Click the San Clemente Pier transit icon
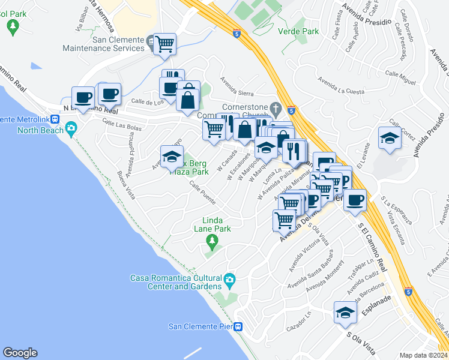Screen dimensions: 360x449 coord(238,327)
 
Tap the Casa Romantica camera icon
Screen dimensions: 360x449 coord(229,280)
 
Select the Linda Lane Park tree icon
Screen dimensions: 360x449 coord(211,242)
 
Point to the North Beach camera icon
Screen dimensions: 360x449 coord(71,128)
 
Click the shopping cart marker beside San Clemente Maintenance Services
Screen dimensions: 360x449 coord(164,43)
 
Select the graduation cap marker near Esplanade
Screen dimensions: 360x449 coord(345,313)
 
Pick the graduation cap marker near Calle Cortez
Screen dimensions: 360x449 coord(390,138)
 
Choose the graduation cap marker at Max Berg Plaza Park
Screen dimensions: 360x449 coord(172,157)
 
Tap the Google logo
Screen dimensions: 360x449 coord(20,353)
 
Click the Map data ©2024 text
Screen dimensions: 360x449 coord(423,355)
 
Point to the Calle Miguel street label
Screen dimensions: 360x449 coord(400,77)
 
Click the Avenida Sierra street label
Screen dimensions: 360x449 coord(237,87)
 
